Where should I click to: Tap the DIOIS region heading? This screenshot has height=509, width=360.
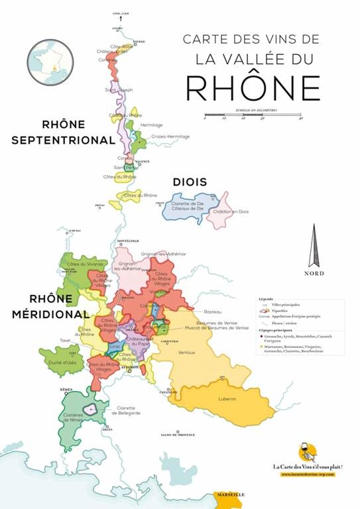point(190,182)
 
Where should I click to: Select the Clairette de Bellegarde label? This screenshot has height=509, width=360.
point(129,411)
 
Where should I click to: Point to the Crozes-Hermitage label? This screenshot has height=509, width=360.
point(170,137)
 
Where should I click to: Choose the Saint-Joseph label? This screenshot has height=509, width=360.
point(119,89)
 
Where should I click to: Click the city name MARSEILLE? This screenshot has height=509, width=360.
point(230,494)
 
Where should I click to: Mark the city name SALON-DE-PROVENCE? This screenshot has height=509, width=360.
point(178,435)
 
